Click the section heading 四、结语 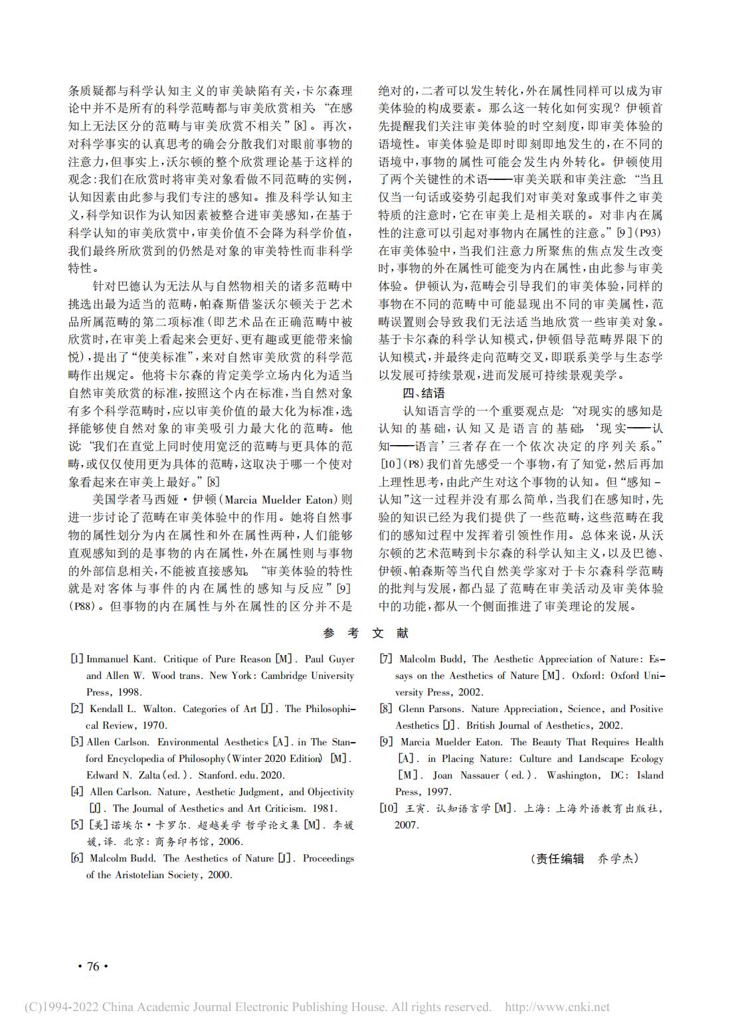coord(424,393)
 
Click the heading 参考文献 coord(366,633)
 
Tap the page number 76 coord(93,967)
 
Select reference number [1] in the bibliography coord(77,659)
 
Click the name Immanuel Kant coord(121,659)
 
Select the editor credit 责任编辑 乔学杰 coord(585,858)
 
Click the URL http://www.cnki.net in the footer coord(557,1007)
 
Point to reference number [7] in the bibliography coord(386,659)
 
